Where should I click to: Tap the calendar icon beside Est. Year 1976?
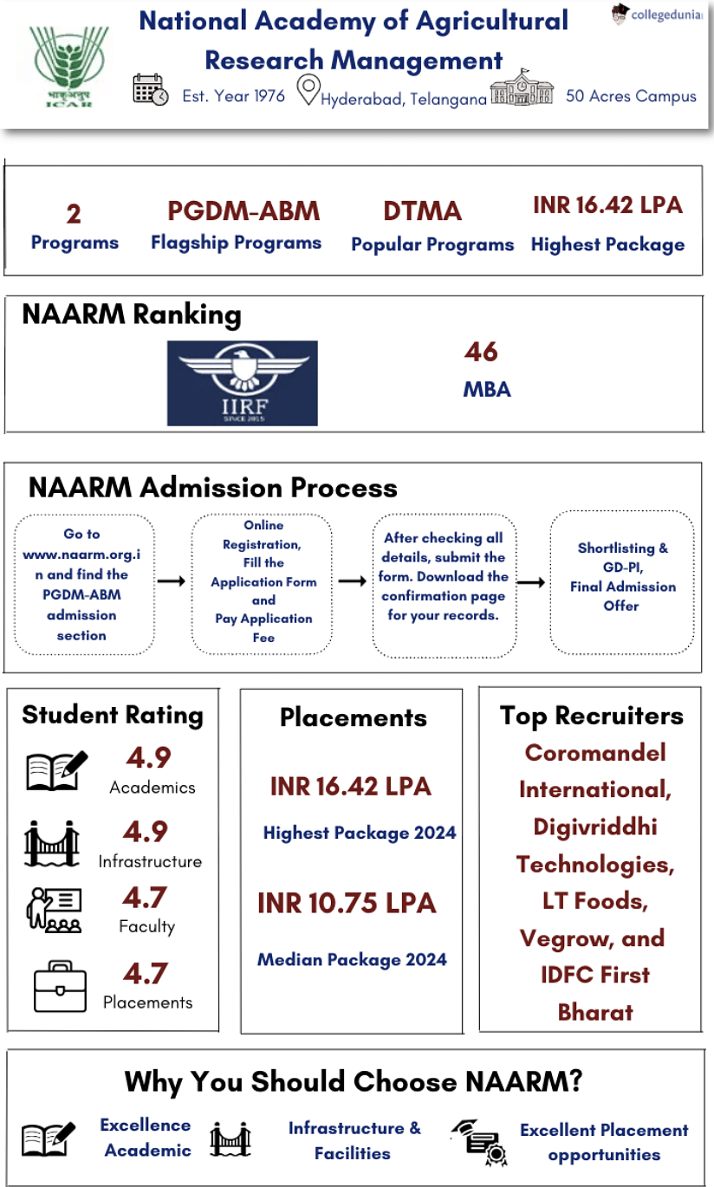click(x=151, y=90)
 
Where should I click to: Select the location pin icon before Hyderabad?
click(x=308, y=90)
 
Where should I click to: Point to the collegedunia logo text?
click(x=665, y=15)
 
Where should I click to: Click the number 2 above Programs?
click(x=74, y=213)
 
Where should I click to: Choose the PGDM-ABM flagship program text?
click(x=243, y=211)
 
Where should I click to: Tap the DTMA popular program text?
click(x=422, y=211)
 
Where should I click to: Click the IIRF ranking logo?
click(x=243, y=383)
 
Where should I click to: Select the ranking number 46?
click(x=481, y=352)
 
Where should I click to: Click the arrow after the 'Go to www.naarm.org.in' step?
click(x=172, y=581)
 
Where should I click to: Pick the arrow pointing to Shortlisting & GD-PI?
click(x=530, y=581)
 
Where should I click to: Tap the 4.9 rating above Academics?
click(x=148, y=757)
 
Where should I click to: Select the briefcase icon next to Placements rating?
click(x=60, y=986)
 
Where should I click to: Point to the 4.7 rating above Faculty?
click(x=145, y=897)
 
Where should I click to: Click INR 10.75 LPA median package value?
click(x=347, y=903)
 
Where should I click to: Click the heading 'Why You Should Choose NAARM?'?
click(x=353, y=1081)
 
